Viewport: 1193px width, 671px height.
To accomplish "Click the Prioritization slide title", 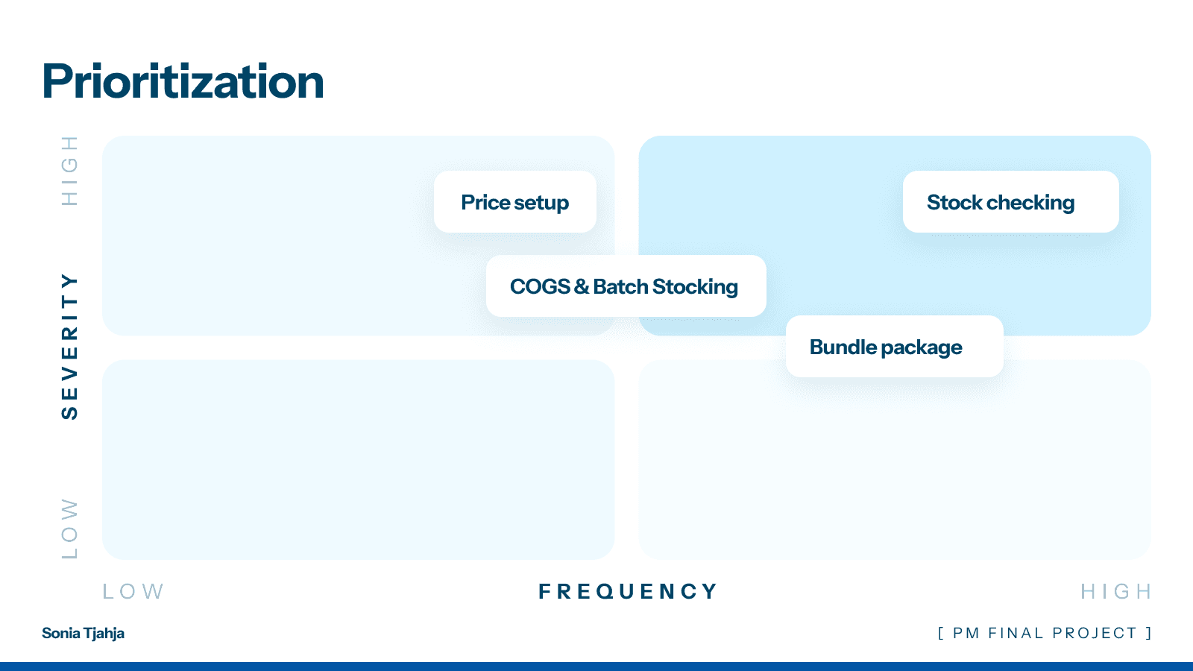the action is pos(183,81).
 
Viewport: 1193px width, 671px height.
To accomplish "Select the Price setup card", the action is pos(514,202).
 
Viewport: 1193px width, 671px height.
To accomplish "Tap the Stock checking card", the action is pos(1010,202).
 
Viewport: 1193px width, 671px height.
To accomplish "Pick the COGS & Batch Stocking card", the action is pos(625,286).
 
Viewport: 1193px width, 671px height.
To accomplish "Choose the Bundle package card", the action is pos(894,347).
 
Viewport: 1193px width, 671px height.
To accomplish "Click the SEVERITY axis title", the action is pos(69,346).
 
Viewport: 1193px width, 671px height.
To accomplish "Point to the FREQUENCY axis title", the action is pos(628,592).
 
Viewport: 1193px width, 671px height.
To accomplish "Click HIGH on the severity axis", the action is pos(69,171).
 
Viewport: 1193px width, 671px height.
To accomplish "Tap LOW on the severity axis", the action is pos(69,528).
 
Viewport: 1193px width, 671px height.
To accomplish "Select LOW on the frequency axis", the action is pos(133,592).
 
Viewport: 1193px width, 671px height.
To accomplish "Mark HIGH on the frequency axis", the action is pos(1115,592).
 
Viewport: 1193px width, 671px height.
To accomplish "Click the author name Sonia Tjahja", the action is pos(83,634).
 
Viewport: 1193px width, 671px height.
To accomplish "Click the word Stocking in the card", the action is pos(695,287).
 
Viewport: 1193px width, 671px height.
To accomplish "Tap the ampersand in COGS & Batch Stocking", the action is pos(582,286).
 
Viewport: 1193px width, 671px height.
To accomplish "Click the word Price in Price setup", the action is pos(485,202).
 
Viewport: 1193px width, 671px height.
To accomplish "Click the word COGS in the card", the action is pos(540,286).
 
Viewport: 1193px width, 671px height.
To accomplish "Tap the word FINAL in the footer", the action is pos(1016,634).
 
